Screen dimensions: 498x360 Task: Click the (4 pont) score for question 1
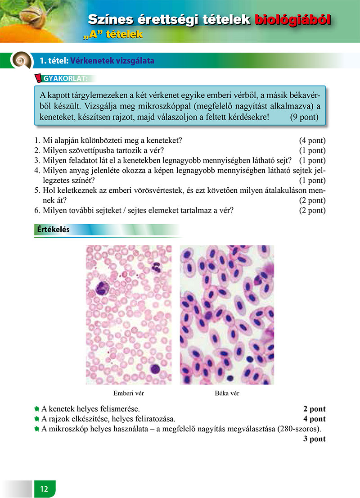point(312,141)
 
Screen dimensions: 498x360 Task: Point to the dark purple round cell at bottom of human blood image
point(155,369)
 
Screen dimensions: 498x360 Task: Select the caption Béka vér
point(227,393)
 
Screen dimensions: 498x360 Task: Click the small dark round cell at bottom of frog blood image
point(230,377)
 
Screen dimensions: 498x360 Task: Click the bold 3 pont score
point(315,439)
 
